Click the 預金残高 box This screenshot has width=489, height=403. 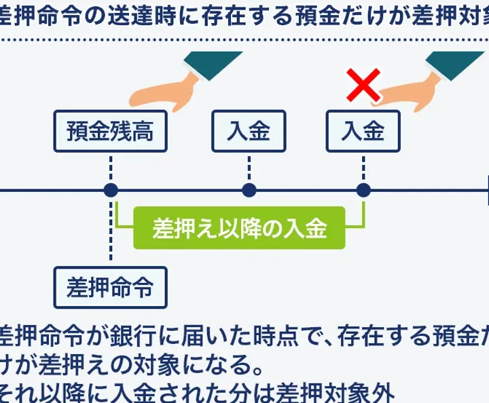click(110, 132)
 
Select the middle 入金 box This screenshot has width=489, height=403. click(249, 132)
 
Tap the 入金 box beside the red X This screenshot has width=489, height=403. click(363, 132)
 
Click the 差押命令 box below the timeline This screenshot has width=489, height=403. click(110, 288)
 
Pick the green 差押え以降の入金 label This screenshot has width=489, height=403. click(240, 229)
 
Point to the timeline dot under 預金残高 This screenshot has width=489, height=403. click(111, 191)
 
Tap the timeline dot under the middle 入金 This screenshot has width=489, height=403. click(249, 191)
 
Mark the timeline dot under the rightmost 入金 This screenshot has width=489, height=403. click(363, 191)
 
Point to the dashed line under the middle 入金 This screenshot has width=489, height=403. click(249, 167)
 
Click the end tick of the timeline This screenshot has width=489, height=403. click(487, 191)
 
